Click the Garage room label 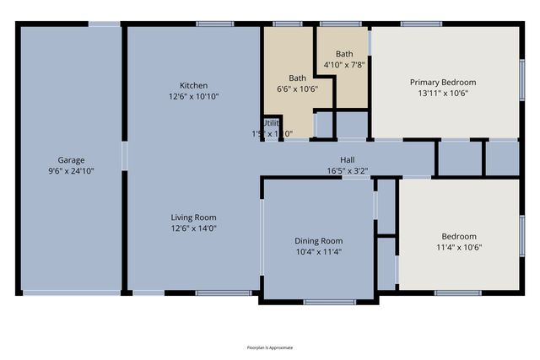tap(71, 159)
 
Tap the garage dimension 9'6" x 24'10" tap(71, 170)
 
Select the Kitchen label tap(193, 85)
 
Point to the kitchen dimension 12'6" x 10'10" tap(193, 96)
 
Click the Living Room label tap(193, 216)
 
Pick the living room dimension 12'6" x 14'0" tap(193, 227)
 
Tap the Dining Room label tap(318, 240)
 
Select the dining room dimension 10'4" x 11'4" tap(318, 251)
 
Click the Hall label tap(347, 159)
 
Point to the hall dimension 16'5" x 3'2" tap(347, 170)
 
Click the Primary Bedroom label tap(443, 82)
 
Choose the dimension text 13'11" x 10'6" tap(443, 93)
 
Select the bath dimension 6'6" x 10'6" tap(298, 89)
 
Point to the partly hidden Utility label tap(270, 122)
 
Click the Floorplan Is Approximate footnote tap(270, 347)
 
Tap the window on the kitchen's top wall tap(215, 24)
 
